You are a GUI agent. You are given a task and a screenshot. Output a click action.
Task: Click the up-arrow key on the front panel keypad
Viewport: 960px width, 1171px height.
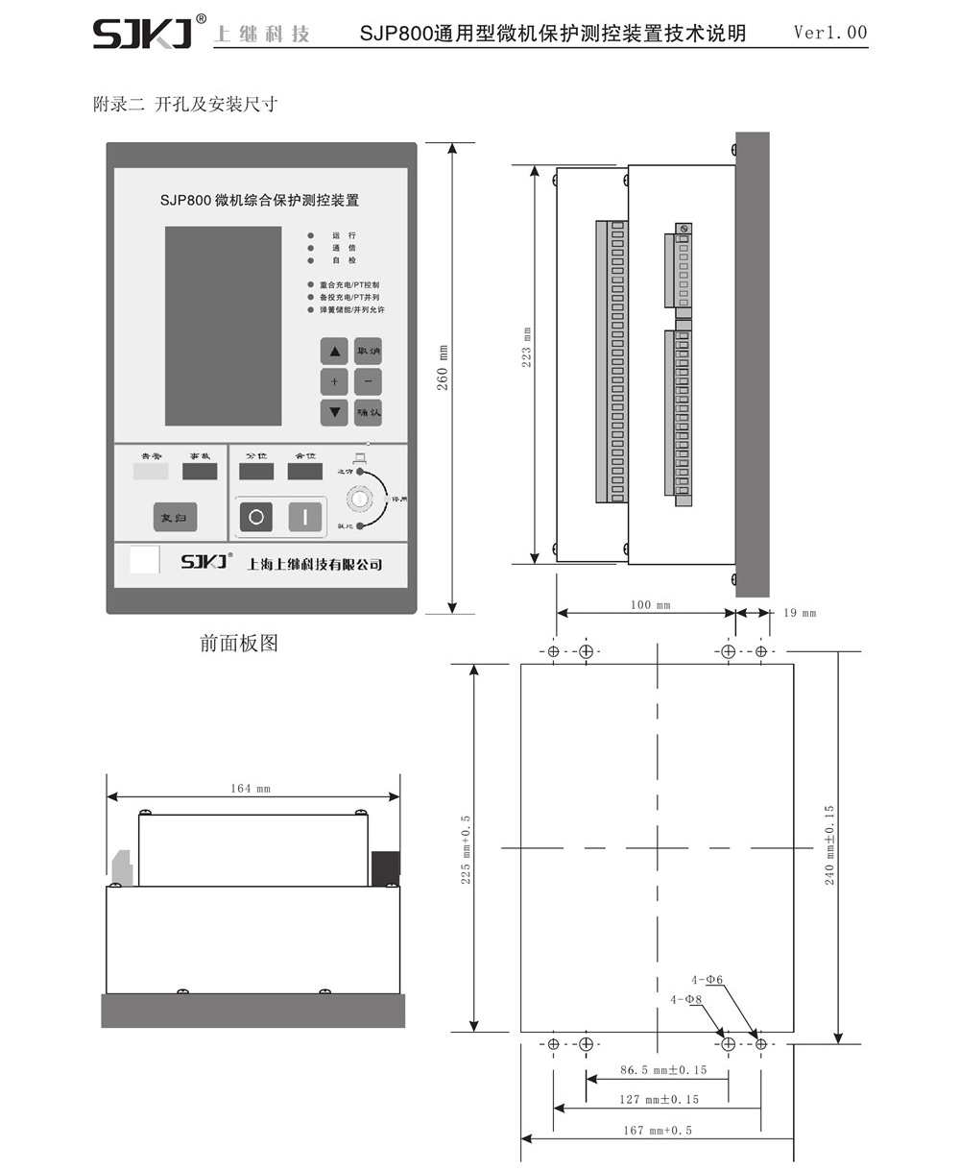(x=334, y=351)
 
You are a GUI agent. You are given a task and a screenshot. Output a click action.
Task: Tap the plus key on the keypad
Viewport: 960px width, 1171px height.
(x=334, y=381)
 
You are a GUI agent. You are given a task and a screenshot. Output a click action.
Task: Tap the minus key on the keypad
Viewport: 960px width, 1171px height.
(x=368, y=381)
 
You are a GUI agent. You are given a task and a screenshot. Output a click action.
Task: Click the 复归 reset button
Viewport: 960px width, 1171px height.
(x=175, y=518)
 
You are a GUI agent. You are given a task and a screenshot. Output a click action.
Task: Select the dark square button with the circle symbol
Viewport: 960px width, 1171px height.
(x=255, y=516)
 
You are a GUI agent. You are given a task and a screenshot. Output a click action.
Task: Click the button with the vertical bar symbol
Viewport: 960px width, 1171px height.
(x=305, y=516)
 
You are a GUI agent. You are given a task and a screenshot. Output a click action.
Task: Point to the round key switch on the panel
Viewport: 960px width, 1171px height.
(x=362, y=500)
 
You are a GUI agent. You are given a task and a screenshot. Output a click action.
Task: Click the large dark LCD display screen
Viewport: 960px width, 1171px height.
(x=223, y=326)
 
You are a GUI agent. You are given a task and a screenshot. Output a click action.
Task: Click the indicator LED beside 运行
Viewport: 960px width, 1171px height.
(x=310, y=235)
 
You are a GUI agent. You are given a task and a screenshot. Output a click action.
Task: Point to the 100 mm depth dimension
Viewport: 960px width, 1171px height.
(x=650, y=605)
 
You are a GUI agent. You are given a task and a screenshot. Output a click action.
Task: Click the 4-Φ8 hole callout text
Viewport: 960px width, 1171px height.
(x=686, y=999)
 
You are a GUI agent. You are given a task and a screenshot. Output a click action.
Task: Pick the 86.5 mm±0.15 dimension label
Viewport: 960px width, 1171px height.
(x=663, y=1070)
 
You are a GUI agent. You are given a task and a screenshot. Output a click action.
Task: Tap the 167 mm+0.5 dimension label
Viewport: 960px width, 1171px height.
(x=658, y=1130)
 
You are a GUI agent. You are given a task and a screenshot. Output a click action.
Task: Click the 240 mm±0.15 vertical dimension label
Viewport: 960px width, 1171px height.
(x=829, y=844)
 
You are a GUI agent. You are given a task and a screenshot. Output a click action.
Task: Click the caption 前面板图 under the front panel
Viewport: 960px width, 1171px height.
(x=239, y=644)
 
